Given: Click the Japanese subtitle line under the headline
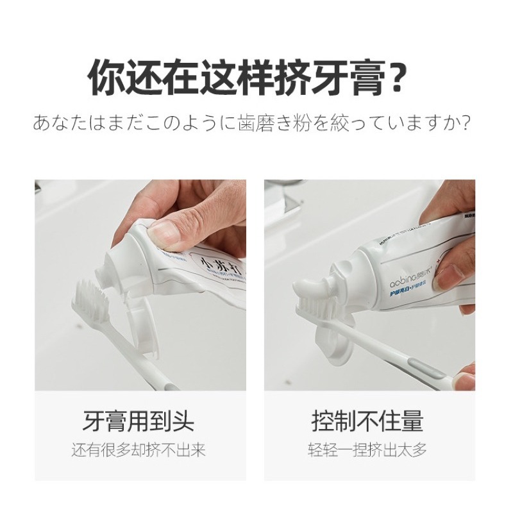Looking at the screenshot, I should (x=256, y=122).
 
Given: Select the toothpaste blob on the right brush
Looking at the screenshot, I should (x=314, y=292).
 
